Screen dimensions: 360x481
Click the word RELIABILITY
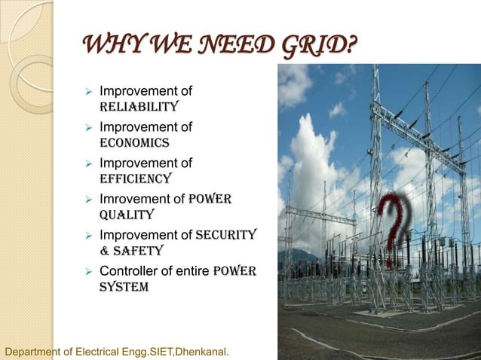click(139, 106)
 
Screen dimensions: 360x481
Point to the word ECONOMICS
click(134, 142)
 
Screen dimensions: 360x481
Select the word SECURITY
click(226, 235)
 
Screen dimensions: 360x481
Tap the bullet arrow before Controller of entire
click(88, 271)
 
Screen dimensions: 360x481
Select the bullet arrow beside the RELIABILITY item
click(88, 91)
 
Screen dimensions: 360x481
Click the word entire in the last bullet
click(193, 271)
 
